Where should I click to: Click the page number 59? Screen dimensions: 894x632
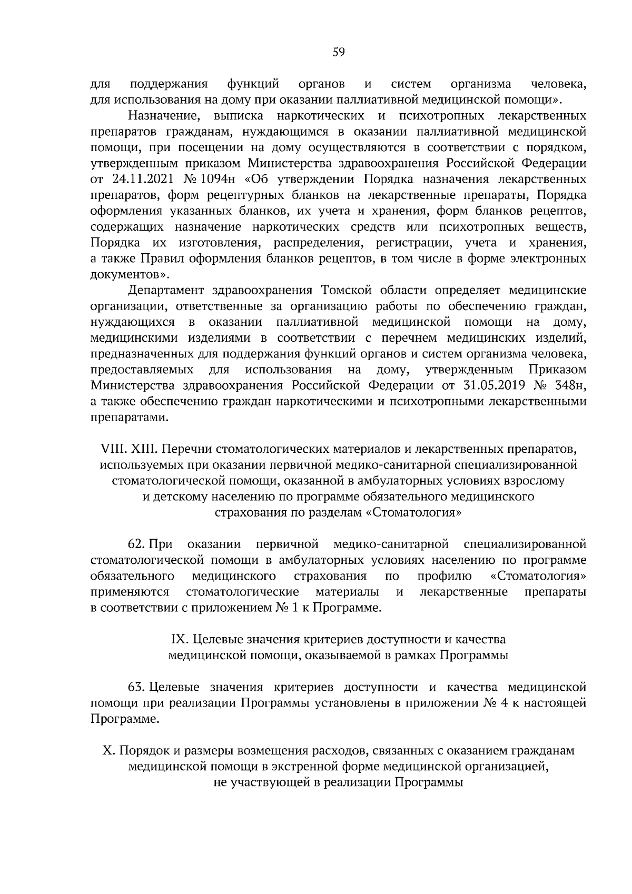pos(339,52)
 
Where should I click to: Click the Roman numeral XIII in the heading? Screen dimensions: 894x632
pos(143,450)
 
